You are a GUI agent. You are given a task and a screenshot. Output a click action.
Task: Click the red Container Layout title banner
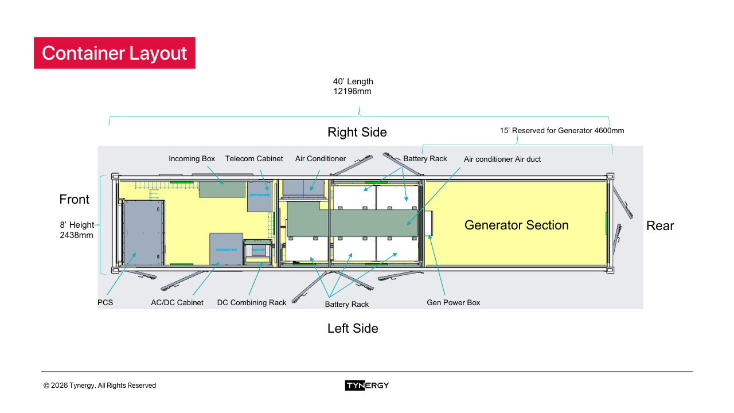115,53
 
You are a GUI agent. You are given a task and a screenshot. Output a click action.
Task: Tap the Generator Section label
516,225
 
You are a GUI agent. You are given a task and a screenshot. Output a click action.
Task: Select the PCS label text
106,302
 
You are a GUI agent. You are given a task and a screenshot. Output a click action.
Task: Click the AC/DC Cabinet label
177,302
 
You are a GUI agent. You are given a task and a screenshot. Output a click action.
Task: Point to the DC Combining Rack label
251,302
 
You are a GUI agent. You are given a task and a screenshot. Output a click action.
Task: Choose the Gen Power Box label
453,302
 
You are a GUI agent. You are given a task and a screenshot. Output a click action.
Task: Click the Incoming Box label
192,159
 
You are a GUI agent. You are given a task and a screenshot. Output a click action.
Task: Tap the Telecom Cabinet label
254,159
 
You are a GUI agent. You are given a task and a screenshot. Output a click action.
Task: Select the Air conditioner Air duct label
502,159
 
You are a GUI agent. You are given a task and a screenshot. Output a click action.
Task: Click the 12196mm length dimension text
349,91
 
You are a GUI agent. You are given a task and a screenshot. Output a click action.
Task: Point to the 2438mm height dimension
76,235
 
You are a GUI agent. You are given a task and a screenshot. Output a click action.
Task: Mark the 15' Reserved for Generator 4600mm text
562,131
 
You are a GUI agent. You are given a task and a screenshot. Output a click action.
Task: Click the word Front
75,200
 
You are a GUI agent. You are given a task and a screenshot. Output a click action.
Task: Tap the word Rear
660,226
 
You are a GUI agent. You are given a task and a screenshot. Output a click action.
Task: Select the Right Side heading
357,133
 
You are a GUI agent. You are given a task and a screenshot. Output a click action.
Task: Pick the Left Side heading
353,329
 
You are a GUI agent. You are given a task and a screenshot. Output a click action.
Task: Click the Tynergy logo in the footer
367,385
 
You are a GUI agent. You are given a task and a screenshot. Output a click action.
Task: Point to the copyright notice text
100,385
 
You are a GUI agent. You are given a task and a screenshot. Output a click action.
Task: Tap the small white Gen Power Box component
428,223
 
